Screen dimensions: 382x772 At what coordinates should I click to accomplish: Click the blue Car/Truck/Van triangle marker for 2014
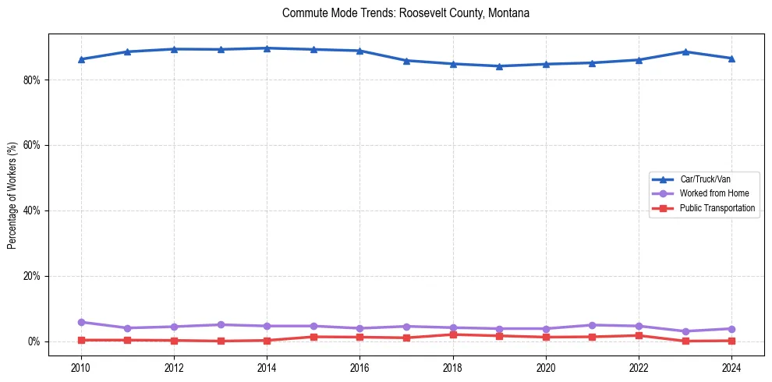267,48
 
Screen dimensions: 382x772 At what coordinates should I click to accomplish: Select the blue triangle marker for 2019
499,66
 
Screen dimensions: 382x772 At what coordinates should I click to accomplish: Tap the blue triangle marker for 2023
685,51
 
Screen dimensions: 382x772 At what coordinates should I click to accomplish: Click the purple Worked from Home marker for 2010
81,322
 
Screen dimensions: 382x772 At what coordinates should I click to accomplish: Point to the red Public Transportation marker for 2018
453,334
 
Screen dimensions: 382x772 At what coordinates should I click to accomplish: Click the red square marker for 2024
731,341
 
